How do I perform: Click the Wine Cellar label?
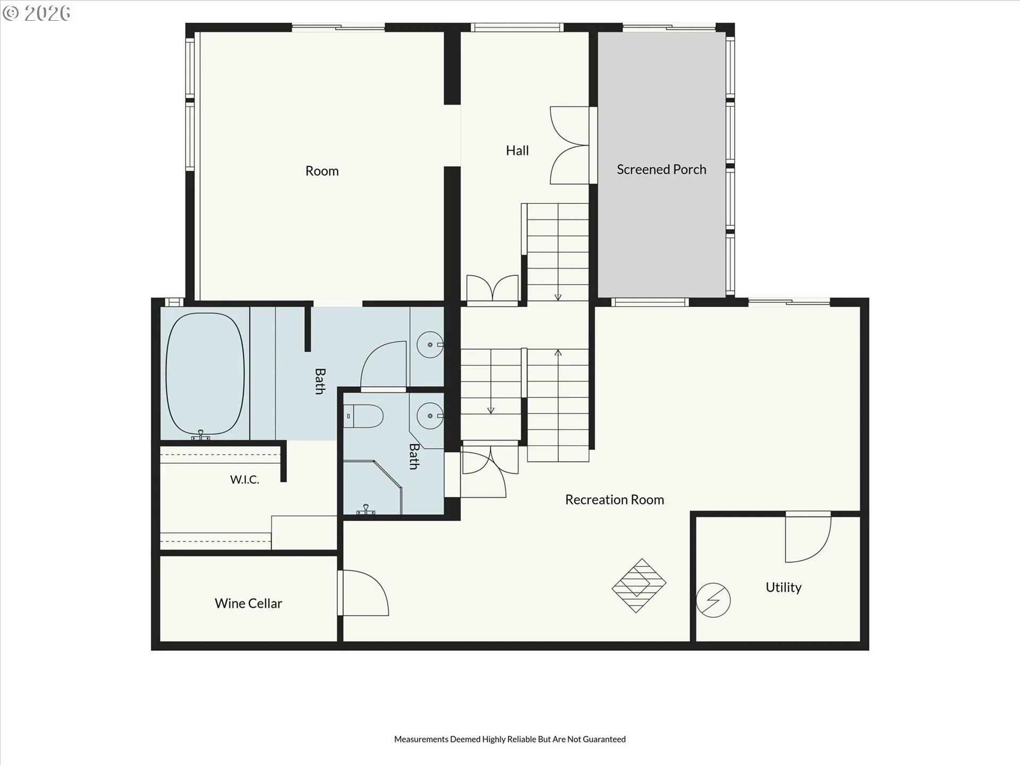pyautogui.click(x=248, y=603)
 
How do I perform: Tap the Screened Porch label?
pyautogui.click(x=661, y=169)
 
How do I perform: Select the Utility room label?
pyautogui.click(x=784, y=588)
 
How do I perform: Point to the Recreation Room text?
pyautogui.click(x=615, y=500)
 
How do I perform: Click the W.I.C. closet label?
pyautogui.click(x=245, y=480)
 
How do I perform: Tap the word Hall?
pyautogui.click(x=517, y=151)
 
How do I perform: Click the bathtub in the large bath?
pyautogui.click(x=205, y=374)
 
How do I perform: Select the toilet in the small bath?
pyautogui.click(x=363, y=416)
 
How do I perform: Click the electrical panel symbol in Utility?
pyautogui.click(x=713, y=600)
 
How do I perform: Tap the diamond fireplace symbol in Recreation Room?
pyautogui.click(x=639, y=585)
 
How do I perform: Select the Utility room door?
pyautogui.click(x=808, y=538)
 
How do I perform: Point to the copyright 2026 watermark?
pyautogui.click(x=36, y=13)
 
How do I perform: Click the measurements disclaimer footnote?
pyautogui.click(x=510, y=739)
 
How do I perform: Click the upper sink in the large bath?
pyautogui.click(x=430, y=345)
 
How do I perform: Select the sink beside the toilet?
pyautogui.click(x=430, y=416)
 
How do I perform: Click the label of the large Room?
pyautogui.click(x=322, y=171)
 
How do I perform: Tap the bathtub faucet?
pyautogui.click(x=201, y=435)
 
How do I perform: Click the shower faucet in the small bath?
pyautogui.click(x=366, y=510)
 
